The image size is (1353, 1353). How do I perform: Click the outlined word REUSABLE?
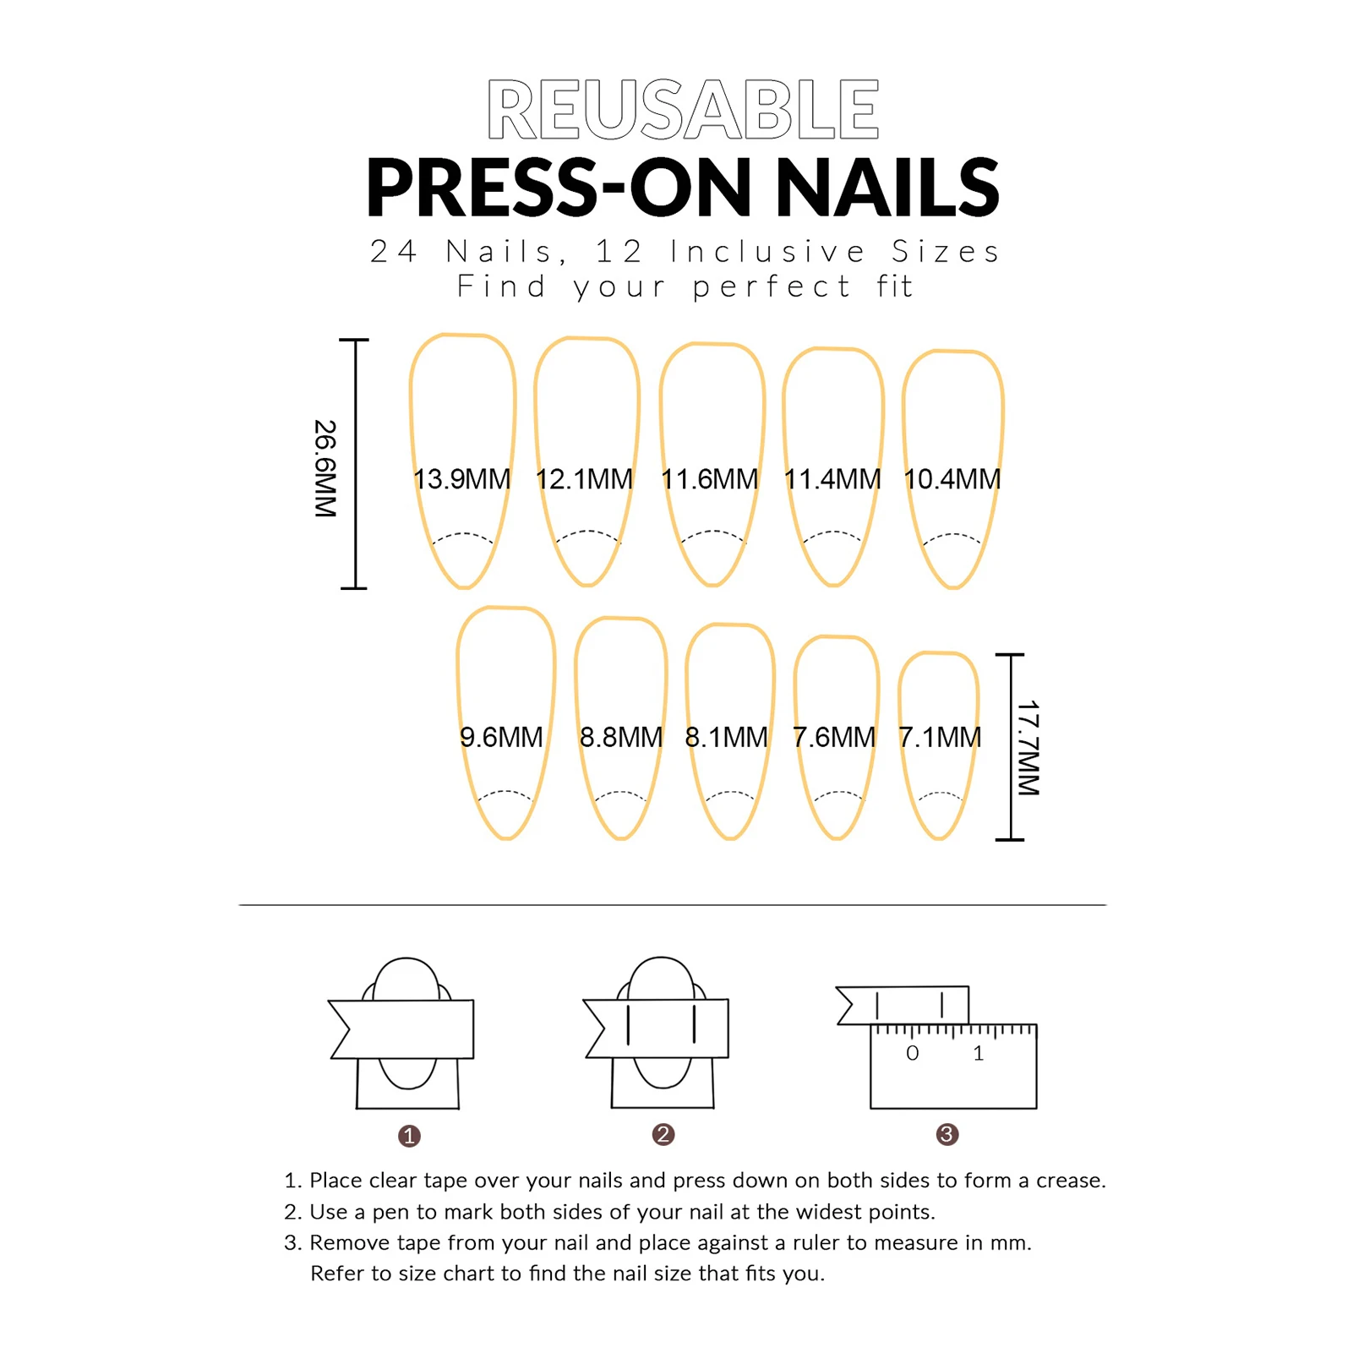tap(683, 109)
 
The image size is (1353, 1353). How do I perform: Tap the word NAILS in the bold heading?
tap(887, 188)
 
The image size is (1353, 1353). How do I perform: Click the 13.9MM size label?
tap(461, 479)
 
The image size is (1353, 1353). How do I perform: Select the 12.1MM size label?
tap(584, 479)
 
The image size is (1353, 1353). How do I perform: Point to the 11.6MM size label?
tap(709, 479)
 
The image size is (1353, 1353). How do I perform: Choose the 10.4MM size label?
tap(952, 479)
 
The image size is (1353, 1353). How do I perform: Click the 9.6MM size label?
tap(501, 737)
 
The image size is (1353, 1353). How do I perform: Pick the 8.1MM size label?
tap(726, 737)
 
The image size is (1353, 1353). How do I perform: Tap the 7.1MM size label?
tap(940, 737)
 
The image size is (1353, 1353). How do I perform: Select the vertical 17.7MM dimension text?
tap(1028, 747)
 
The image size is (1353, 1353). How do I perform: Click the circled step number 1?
tap(409, 1136)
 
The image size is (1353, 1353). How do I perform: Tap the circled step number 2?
tap(663, 1134)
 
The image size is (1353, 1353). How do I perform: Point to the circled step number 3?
tap(947, 1134)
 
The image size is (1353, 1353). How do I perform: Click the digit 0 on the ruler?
tap(912, 1053)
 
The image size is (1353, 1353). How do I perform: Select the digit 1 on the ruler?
tap(978, 1053)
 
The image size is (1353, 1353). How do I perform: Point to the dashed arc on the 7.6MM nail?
tap(837, 794)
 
